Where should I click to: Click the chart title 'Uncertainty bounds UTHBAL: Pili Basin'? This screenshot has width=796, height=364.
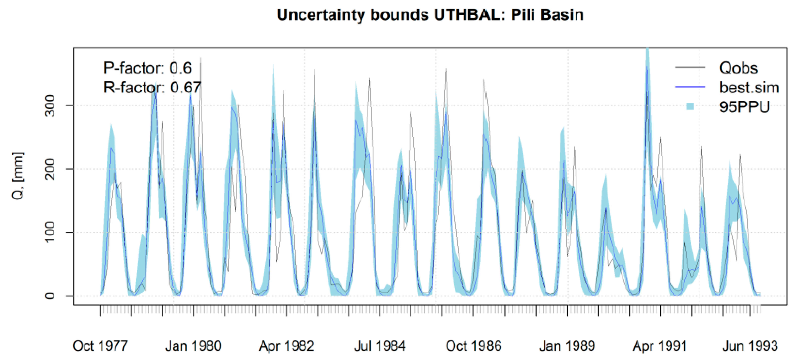point(430,15)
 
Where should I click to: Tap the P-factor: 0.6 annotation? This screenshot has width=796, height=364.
point(147,68)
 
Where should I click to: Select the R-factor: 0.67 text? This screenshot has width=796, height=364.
point(152,88)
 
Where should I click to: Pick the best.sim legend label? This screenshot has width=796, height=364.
point(749,88)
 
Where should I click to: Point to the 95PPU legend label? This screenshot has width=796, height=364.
point(744,107)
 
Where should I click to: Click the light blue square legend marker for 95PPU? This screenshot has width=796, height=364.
point(690,107)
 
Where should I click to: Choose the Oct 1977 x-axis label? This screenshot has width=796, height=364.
point(100,346)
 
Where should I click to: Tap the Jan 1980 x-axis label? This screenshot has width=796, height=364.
point(193,346)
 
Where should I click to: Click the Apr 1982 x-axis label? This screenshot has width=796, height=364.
point(287,346)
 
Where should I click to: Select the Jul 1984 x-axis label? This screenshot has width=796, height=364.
point(380,346)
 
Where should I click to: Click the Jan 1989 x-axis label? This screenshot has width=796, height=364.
point(567,346)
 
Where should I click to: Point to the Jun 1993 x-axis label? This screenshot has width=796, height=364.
point(750,346)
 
